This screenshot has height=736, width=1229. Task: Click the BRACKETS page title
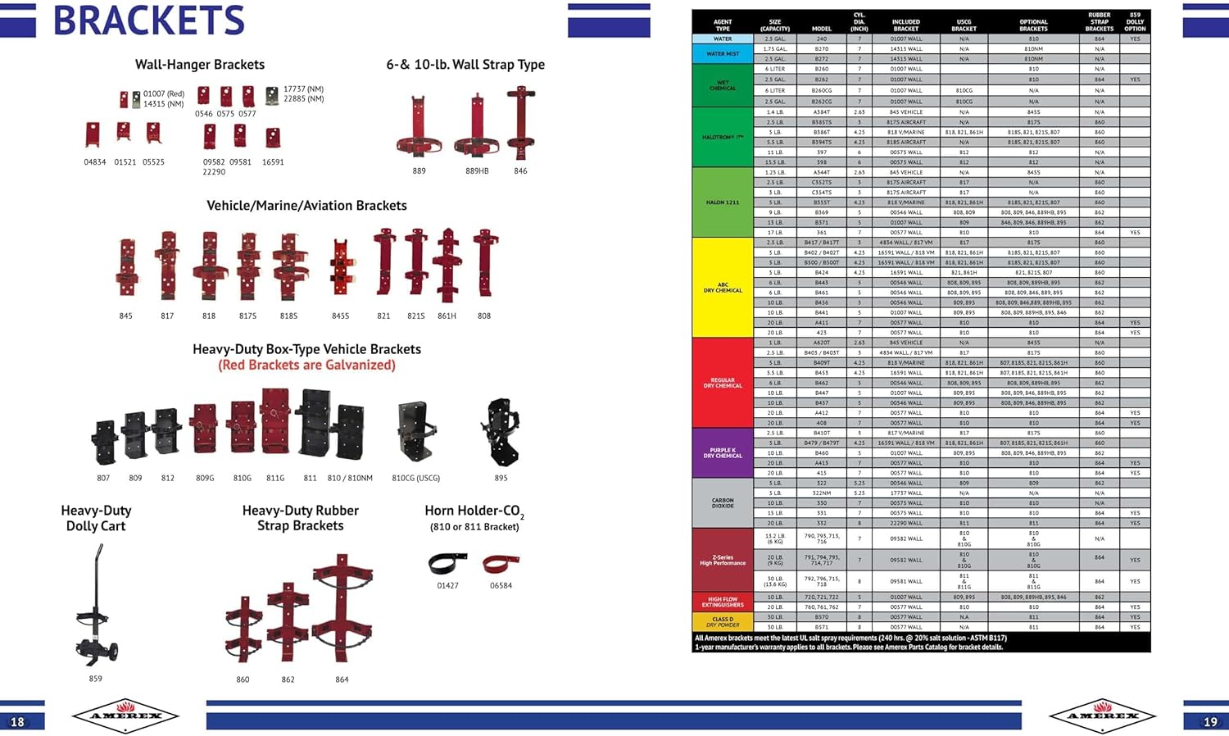pyautogui.click(x=148, y=20)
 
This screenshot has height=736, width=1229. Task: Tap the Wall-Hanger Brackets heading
pyautogui.click(x=200, y=65)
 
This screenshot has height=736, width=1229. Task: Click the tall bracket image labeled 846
pyautogui.click(x=520, y=123)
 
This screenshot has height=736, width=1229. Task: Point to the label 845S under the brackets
pyautogui.click(x=341, y=316)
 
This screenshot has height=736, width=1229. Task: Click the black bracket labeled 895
pyautogui.click(x=501, y=431)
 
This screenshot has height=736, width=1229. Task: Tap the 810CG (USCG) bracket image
pyautogui.click(x=416, y=431)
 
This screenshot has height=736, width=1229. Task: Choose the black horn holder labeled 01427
pyautogui.click(x=447, y=563)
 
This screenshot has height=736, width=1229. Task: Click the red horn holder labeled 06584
pyautogui.click(x=501, y=564)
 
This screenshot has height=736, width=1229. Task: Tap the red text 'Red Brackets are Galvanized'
pyautogui.click(x=306, y=366)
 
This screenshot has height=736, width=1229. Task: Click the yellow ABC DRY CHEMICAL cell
pyautogui.click(x=723, y=288)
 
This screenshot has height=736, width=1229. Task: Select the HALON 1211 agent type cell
pyautogui.click(x=723, y=202)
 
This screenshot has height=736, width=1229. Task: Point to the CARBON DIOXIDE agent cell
pyautogui.click(x=723, y=503)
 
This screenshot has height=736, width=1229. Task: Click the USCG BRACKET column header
pyautogui.click(x=964, y=25)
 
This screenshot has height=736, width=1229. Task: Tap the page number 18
pyautogui.click(x=17, y=721)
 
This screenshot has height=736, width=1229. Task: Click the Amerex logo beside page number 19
pyautogui.click(x=1104, y=716)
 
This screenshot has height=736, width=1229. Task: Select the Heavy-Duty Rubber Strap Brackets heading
pyautogui.click(x=300, y=518)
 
